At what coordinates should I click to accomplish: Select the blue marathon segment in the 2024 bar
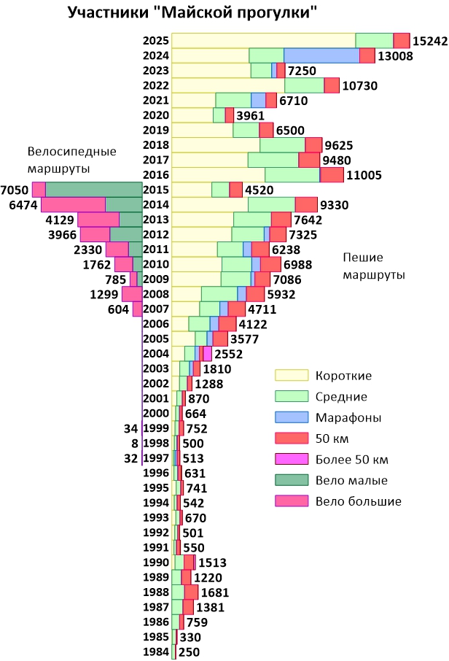click(321, 55)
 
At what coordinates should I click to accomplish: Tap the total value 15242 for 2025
click(429, 41)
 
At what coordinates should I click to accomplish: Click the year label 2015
click(156, 190)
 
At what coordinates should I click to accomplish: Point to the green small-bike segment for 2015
click(93, 190)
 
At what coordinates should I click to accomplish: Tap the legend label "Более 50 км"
click(351, 460)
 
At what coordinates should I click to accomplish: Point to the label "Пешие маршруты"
click(374, 266)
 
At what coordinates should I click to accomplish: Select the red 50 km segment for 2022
click(332, 85)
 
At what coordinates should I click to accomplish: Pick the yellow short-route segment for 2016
click(218, 175)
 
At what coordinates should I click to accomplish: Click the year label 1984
click(156, 652)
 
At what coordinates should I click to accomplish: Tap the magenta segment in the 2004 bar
click(207, 354)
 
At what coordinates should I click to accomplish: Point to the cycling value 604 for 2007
click(118, 309)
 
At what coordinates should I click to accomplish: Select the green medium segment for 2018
click(282, 145)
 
